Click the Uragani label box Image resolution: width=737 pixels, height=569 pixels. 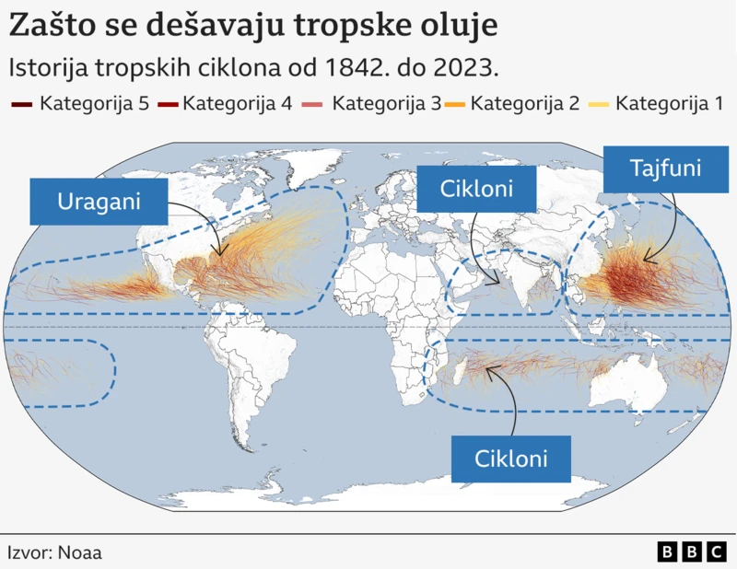tap(99, 202)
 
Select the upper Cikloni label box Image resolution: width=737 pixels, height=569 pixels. tap(475, 192)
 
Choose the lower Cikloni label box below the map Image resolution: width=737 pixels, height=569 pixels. tap(510, 458)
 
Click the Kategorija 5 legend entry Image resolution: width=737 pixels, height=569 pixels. tap(81, 103)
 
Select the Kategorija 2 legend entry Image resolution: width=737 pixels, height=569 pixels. tap(514, 103)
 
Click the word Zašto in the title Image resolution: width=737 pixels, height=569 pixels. tap(48, 26)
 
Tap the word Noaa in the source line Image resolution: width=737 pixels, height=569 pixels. tap(80, 552)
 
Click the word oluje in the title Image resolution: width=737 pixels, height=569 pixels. tap(459, 26)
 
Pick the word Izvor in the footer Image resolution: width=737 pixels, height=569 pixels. tap(29, 552)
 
